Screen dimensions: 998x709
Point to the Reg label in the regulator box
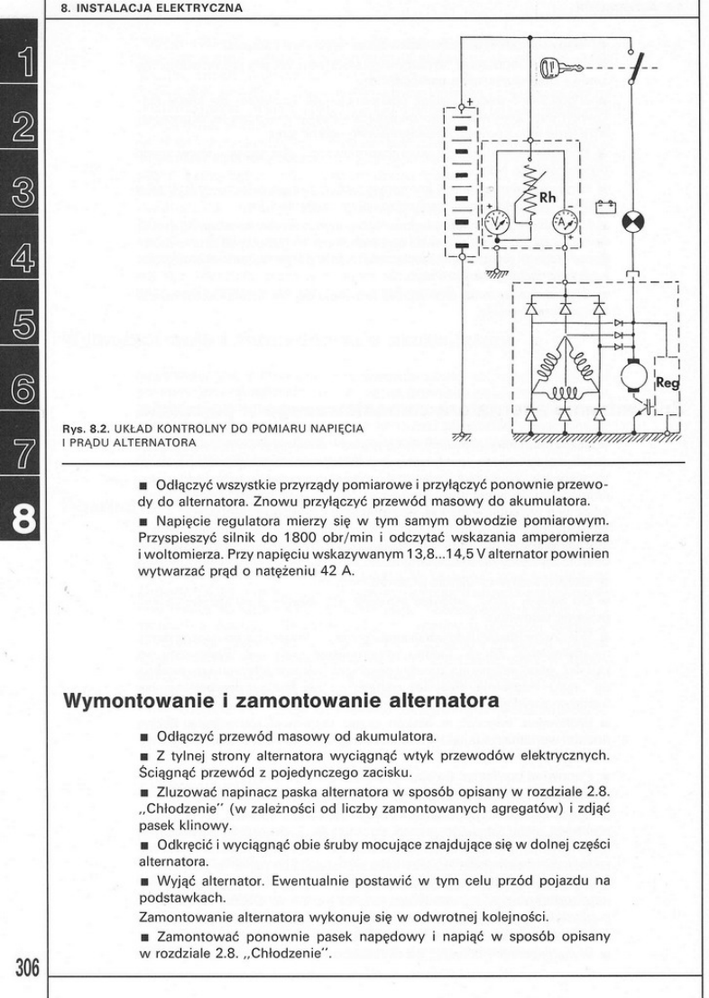coord(668,382)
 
